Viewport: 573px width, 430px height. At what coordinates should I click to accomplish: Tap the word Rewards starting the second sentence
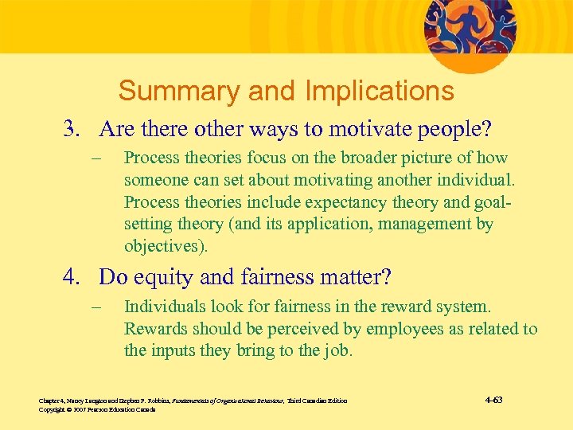point(154,329)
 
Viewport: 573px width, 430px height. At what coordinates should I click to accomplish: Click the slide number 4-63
point(493,400)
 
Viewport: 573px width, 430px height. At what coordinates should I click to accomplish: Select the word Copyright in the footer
point(53,409)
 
